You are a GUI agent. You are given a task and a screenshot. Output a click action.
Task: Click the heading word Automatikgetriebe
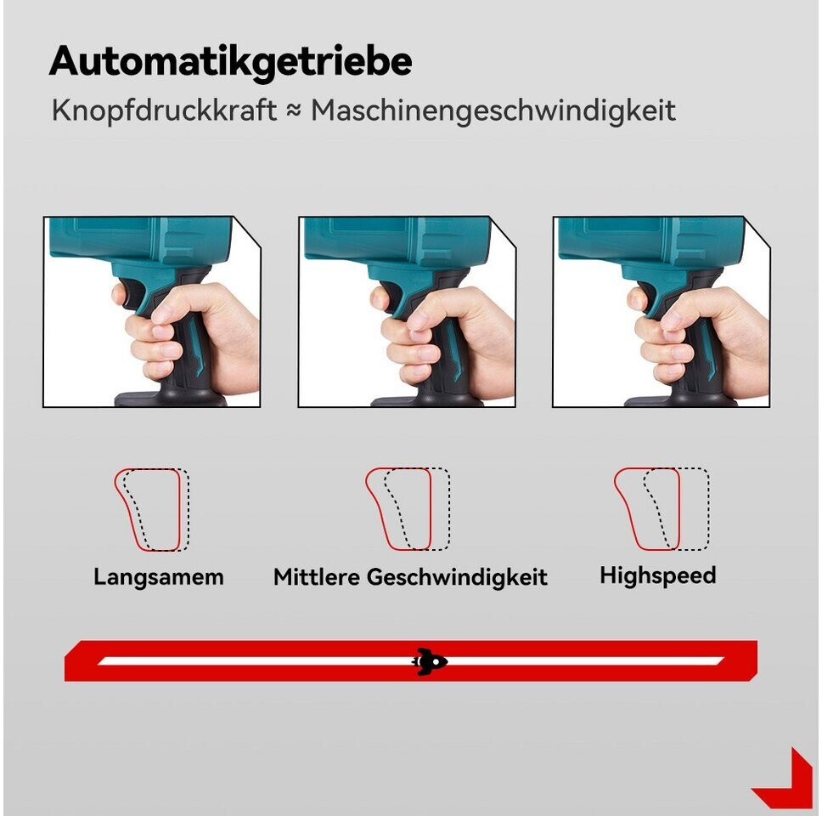[x=231, y=62]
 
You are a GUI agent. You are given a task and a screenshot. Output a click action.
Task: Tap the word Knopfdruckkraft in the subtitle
[x=164, y=110]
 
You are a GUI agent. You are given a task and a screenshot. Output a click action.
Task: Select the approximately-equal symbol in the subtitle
[x=294, y=110]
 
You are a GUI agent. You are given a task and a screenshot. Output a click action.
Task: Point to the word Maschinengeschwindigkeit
[x=493, y=110]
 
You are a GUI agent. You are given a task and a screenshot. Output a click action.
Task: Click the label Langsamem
[x=159, y=577]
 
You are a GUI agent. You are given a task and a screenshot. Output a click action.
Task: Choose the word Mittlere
[x=317, y=577]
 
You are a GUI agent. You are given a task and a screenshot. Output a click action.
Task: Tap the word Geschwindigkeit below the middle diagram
[x=457, y=578]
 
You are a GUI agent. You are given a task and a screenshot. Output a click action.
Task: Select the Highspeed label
[x=658, y=576]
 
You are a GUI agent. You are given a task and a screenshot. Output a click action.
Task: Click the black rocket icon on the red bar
[x=430, y=660]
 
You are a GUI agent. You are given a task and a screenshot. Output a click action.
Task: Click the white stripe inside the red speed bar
[x=411, y=660]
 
